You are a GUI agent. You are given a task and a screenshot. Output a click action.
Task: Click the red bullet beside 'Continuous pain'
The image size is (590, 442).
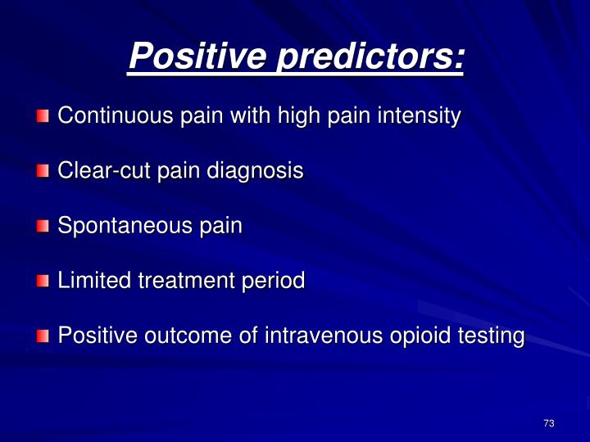[43, 117]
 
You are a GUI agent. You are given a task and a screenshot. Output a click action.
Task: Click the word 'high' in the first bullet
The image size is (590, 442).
[301, 116]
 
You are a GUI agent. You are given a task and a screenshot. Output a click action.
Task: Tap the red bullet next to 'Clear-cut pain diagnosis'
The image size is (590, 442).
[43, 172]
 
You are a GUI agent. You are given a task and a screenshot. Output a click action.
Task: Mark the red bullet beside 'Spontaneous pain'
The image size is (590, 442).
[43, 227]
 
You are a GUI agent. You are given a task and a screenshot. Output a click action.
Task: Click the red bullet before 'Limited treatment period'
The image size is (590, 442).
[43, 282]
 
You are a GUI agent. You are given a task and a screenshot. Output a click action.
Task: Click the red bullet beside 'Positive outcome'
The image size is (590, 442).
[43, 336]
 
